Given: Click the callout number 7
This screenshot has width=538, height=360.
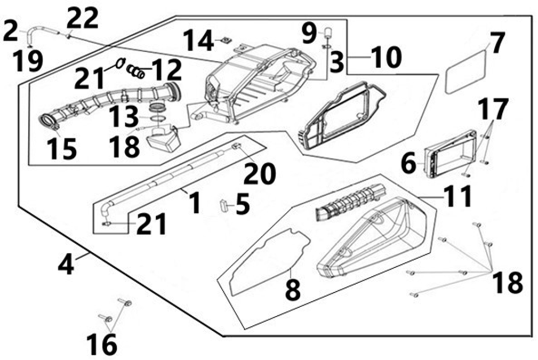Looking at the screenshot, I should [497, 44].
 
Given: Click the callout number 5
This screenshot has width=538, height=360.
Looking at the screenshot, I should [243, 204].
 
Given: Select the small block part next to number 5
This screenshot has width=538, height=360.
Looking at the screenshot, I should [224, 205].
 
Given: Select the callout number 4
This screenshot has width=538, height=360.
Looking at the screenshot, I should [66, 264].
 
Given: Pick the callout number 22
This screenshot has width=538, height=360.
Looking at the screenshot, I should [82, 20].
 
